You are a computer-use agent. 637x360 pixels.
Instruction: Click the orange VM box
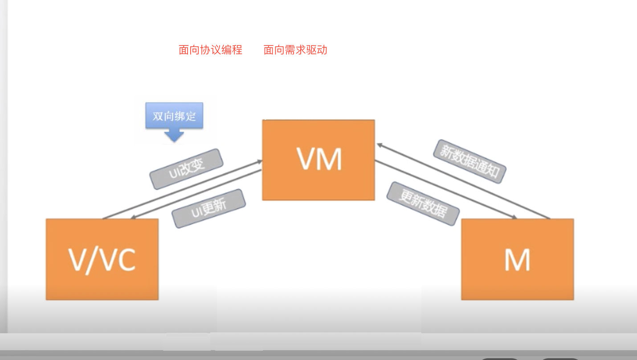(318, 160)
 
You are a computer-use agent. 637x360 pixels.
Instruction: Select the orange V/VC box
(102, 259)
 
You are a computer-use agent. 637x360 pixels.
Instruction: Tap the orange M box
(517, 259)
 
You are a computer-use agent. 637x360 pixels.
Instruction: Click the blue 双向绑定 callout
(174, 116)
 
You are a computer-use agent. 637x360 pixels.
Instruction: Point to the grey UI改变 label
(186, 168)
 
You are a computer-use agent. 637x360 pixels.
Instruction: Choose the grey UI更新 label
(208, 208)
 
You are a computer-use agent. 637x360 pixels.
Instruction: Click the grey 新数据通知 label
(470, 161)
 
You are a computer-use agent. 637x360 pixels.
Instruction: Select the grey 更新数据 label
(422, 203)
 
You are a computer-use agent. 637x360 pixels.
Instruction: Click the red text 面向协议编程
(210, 50)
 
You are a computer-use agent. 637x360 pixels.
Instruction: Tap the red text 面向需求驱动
(295, 50)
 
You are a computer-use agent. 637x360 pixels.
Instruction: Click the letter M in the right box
(517, 260)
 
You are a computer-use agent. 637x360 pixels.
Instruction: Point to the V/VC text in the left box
(102, 260)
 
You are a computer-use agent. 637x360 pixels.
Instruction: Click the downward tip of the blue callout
(174, 139)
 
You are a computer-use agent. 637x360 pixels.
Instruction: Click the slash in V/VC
(95, 260)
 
